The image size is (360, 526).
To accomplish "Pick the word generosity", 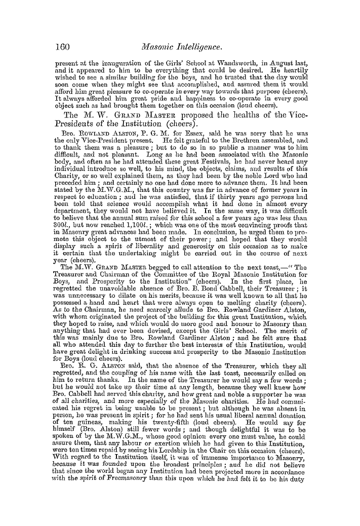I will (x=167, y=244).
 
